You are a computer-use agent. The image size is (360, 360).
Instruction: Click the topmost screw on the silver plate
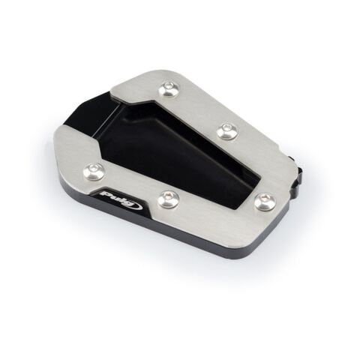(x=169, y=88)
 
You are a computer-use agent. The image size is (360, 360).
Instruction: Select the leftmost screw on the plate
(x=93, y=171)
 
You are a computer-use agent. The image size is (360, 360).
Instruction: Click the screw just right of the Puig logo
(x=169, y=199)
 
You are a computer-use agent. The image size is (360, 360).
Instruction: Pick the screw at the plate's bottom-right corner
(x=265, y=202)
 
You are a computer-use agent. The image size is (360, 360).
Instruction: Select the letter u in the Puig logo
(x=116, y=197)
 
